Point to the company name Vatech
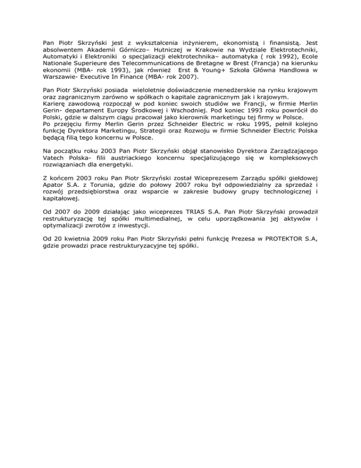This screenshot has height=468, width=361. point(54,158)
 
